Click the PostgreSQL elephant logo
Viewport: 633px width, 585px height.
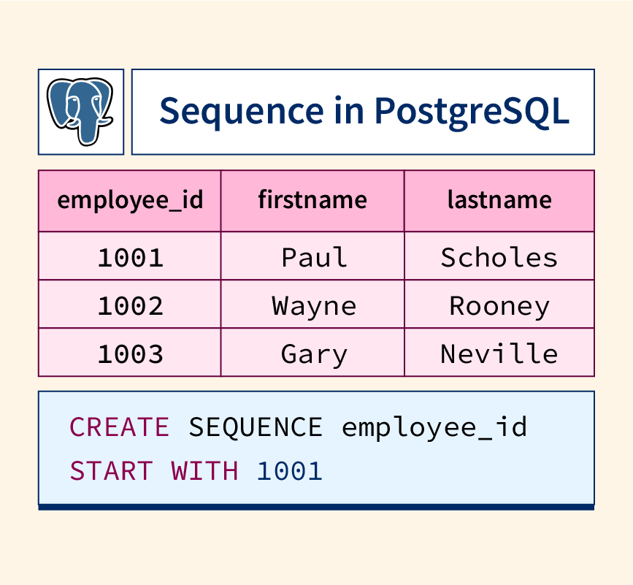pyautogui.click(x=80, y=111)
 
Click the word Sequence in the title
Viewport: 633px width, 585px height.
pyautogui.click(x=242, y=112)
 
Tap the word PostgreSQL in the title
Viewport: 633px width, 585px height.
pyautogui.click(x=472, y=112)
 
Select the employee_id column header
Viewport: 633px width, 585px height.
pyautogui.click(x=130, y=201)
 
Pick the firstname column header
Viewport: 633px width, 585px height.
pyautogui.click(x=312, y=200)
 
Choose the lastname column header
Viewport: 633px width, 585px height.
pyautogui.click(x=499, y=200)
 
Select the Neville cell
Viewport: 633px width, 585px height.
pyautogui.click(x=499, y=353)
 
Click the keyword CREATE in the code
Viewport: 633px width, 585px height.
pyautogui.click(x=120, y=427)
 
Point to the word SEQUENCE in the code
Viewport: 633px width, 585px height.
pyautogui.click(x=256, y=427)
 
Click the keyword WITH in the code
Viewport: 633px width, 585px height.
pyautogui.click(x=204, y=471)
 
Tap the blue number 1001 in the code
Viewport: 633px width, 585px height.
pyautogui.click(x=289, y=471)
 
